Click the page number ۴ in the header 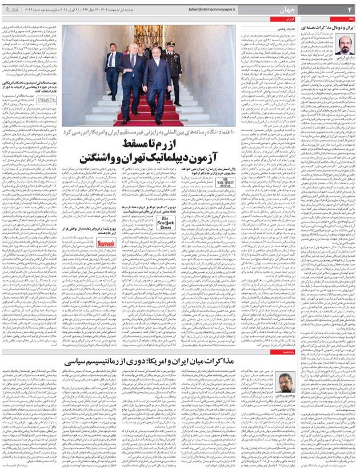tap(350, 10)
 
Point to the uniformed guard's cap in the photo tap(170, 44)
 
